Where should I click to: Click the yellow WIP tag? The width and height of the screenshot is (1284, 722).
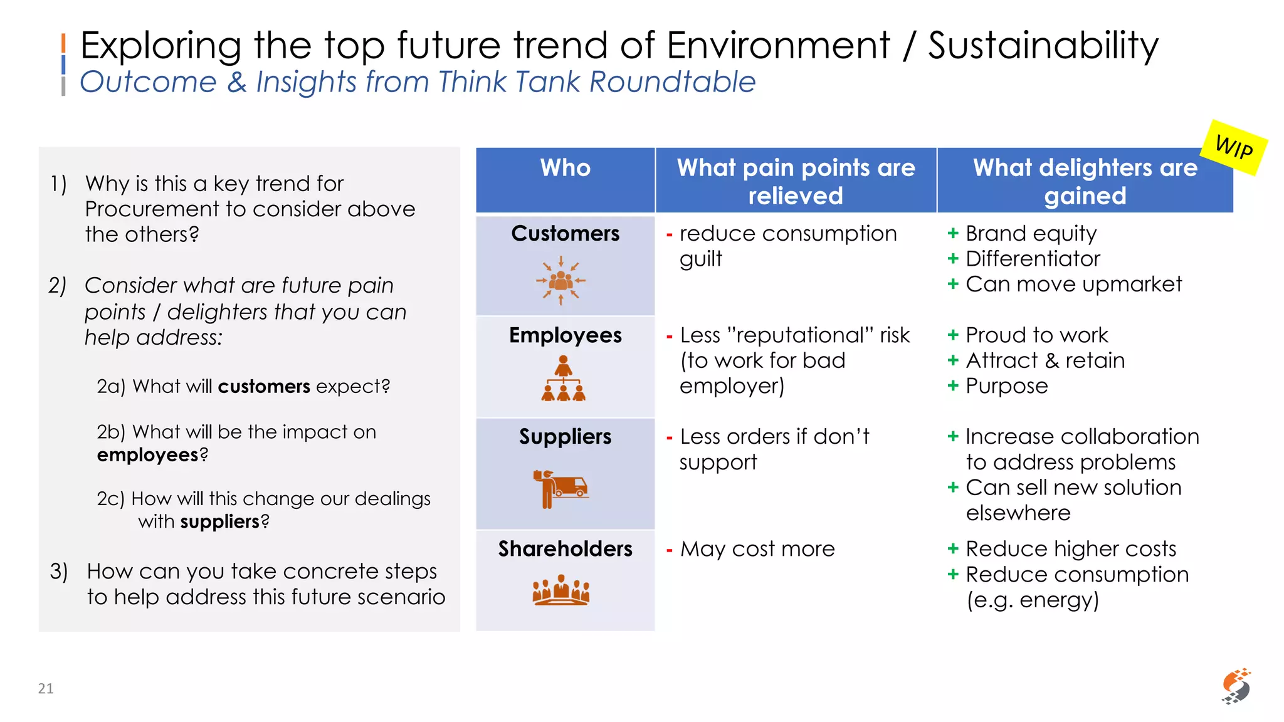1234,148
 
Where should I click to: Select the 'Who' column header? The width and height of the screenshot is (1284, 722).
565,168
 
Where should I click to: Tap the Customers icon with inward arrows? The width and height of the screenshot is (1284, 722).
561,281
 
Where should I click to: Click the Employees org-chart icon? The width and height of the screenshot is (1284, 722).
564,379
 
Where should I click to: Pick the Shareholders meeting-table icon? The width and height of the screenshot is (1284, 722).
561,590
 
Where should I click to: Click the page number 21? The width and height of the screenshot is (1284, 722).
46,688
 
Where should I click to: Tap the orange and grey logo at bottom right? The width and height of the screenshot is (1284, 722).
1236,686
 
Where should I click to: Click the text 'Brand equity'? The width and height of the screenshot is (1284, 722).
1031,233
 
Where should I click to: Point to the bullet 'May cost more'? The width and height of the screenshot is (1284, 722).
757,549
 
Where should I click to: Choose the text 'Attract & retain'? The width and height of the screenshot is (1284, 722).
1045,360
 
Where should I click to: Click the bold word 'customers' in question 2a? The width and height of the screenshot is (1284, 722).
264,387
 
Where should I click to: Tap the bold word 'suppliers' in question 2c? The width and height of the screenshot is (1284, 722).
219,521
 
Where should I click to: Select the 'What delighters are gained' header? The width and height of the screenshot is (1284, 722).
1085,181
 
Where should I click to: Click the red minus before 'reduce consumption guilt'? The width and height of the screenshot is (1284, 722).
670,234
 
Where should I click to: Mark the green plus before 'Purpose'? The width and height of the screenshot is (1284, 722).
953,385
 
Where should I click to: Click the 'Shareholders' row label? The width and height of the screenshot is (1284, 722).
565,549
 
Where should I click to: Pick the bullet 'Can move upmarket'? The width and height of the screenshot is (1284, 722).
1073,284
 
